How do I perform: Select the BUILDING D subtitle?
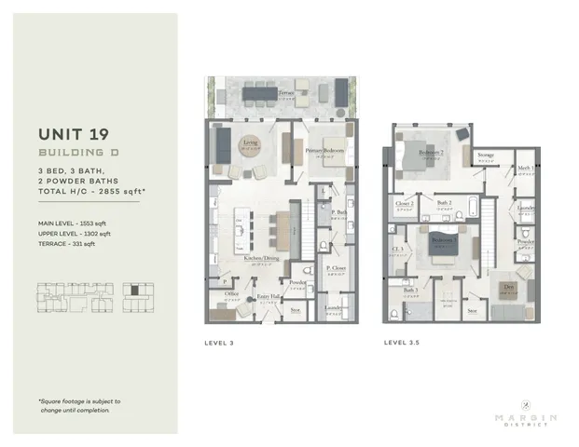76,151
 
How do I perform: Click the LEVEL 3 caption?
218,343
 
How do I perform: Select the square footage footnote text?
79,405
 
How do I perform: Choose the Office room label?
232,292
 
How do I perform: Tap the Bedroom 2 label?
430,152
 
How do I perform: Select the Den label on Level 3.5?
506,285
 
